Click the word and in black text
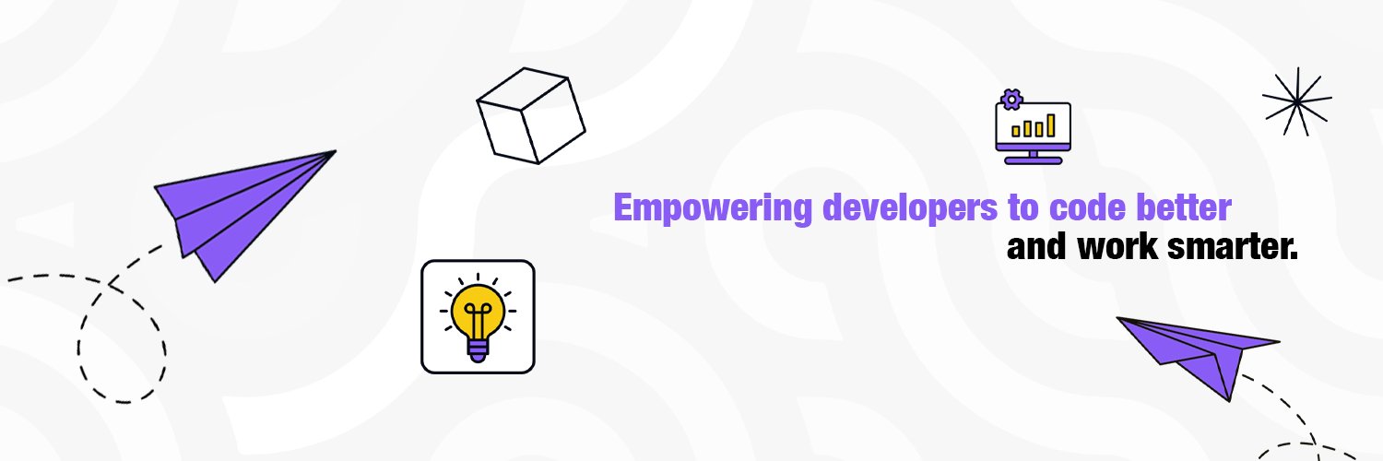click(x=1035, y=248)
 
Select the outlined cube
click(x=531, y=115)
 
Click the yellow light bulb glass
click(x=477, y=307)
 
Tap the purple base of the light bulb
click(x=478, y=349)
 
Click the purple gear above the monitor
click(x=1012, y=97)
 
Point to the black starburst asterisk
click(x=1296, y=101)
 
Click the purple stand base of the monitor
click(x=1033, y=160)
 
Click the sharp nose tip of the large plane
click(x=333, y=152)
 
